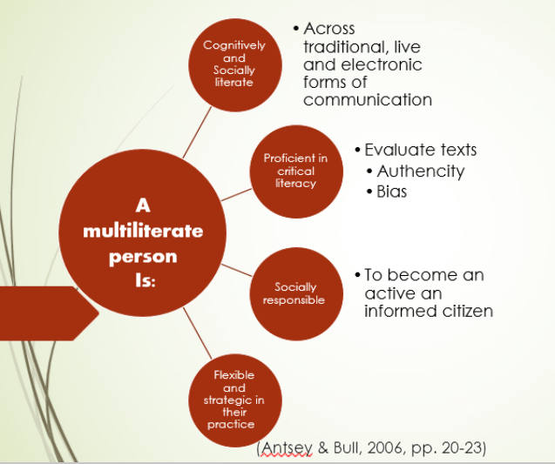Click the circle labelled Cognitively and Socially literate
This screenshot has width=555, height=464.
[234, 63]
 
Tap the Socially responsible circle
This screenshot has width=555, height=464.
[294, 293]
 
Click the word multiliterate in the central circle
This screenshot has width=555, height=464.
[142, 232]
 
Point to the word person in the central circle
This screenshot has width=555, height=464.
[143, 257]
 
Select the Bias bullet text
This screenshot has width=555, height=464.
[392, 192]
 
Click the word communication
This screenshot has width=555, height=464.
[367, 99]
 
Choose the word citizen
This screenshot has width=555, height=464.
[463, 311]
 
